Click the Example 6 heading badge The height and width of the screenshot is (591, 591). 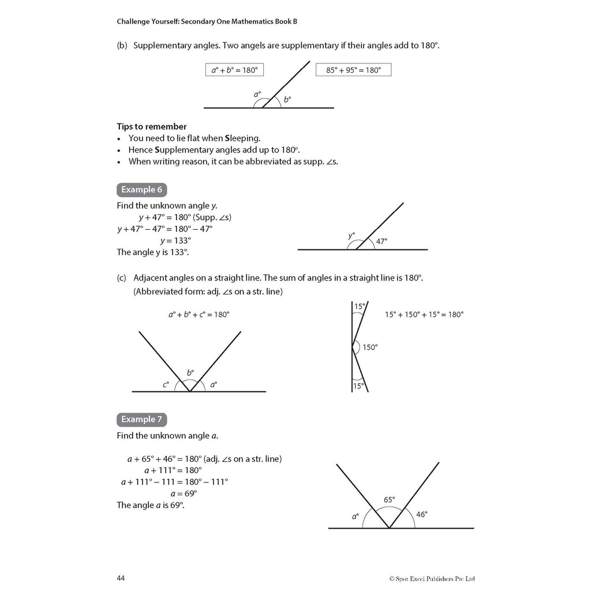142,190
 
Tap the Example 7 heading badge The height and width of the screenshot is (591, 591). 142,420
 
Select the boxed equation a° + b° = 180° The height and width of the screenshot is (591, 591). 234,70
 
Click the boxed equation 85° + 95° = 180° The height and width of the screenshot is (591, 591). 353,70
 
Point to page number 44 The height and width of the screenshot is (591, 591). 121,578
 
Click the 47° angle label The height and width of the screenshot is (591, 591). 381,242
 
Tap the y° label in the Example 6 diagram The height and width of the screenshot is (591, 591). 351,235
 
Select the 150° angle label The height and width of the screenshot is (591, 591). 370,347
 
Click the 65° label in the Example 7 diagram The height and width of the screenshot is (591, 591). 390,500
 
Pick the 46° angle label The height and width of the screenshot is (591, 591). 422,514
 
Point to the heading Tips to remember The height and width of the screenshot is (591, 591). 152,126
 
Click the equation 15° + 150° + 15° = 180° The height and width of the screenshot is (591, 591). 424,315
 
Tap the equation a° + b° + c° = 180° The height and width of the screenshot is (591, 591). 199,315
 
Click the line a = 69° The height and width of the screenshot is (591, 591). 184,493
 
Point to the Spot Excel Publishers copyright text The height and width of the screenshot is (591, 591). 432,578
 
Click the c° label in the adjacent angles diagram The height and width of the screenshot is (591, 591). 166,384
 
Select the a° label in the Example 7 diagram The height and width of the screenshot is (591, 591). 356,517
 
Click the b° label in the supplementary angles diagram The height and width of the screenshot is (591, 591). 287,99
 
